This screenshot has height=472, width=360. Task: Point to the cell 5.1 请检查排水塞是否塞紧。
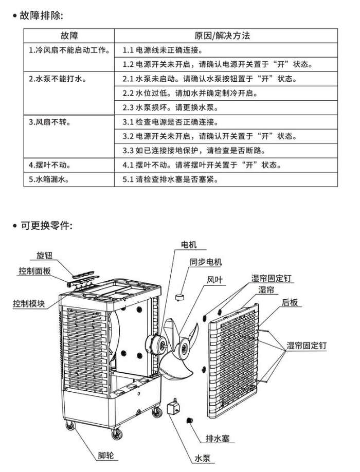coord(178,179)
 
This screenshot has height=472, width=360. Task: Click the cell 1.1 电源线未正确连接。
coord(163,50)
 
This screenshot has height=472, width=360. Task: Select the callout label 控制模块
coord(29,303)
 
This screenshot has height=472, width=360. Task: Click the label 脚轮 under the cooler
coord(107,455)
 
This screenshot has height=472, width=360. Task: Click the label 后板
coord(290,303)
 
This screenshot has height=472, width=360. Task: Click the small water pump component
coord(173,408)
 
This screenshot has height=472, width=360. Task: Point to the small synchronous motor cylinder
coord(181,296)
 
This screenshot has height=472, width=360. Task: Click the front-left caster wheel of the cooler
coord(69,425)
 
